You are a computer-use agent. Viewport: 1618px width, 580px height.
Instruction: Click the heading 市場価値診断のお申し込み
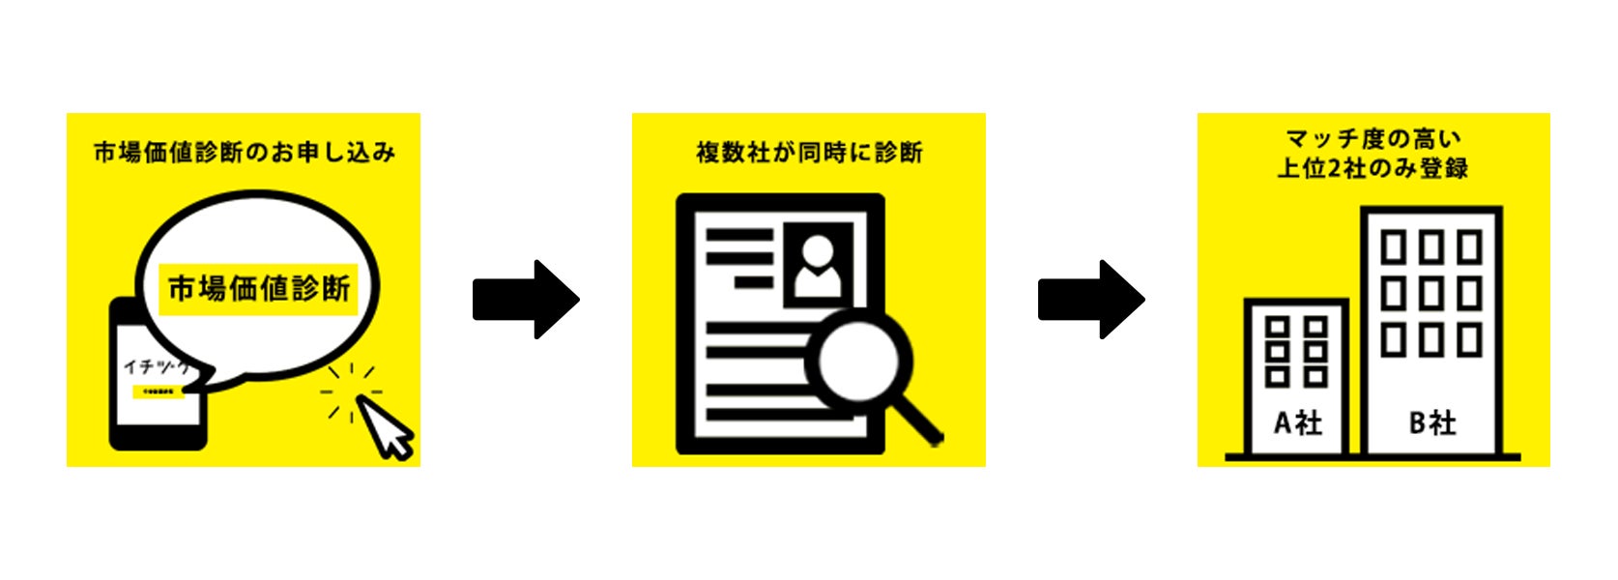click(x=244, y=152)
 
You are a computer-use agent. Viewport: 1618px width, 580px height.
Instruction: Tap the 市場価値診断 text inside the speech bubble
click(x=259, y=288)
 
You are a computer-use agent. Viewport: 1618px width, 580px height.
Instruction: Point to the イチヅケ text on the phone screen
click(x=155, y=367)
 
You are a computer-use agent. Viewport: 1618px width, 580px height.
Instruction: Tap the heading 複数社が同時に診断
click(x=809, y=152)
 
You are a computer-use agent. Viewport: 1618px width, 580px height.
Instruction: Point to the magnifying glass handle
click(x=918, y=421)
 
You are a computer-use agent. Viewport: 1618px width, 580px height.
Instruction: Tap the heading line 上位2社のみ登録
click(x=1372, y=168)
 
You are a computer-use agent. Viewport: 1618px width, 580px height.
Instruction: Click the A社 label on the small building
click(x=1297, y=422)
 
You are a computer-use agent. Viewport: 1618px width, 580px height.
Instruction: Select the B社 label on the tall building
click(x=1431, y=422)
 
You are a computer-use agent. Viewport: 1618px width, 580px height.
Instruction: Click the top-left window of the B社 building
click(x=1393, y=247)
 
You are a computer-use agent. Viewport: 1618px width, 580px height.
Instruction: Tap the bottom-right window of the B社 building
click(x=1469, y=339)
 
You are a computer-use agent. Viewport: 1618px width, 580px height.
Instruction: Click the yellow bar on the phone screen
click(x=158, y=391)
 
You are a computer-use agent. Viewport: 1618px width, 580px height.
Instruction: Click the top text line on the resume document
click(x=739, y=235)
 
